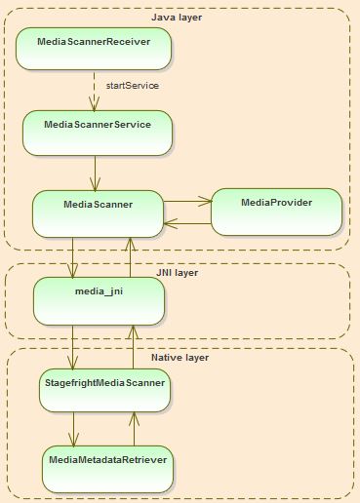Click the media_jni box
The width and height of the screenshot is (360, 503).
point(98,301)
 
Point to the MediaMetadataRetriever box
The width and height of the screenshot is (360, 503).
point(107,468)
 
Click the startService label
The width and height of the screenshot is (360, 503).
point(132,86)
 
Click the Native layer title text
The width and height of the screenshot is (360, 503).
point(180,358)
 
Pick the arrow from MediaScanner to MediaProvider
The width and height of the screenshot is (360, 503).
point(186,202)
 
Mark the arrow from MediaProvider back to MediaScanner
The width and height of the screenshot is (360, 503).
point(186,223)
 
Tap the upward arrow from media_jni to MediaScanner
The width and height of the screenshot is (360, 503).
point(130,257)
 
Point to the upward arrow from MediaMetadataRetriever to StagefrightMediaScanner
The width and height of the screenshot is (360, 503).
point(134,429)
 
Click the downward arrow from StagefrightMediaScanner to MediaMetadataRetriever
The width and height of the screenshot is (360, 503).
point(74,429)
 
